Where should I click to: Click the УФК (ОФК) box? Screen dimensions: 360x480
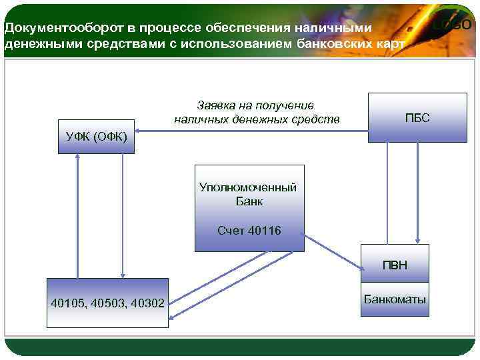pos(96,137)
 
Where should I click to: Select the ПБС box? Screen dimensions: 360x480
pos(417,117)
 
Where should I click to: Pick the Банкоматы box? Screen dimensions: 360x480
pos(395,299)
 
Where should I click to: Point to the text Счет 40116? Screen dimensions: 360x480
pos(249,231)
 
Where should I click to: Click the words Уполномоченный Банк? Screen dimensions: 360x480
pos(248,194)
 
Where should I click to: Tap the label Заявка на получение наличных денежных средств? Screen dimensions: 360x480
pos(257,113)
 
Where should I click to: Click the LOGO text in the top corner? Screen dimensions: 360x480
pos(453,25)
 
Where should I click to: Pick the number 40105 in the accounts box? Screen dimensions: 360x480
pos(67,304)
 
